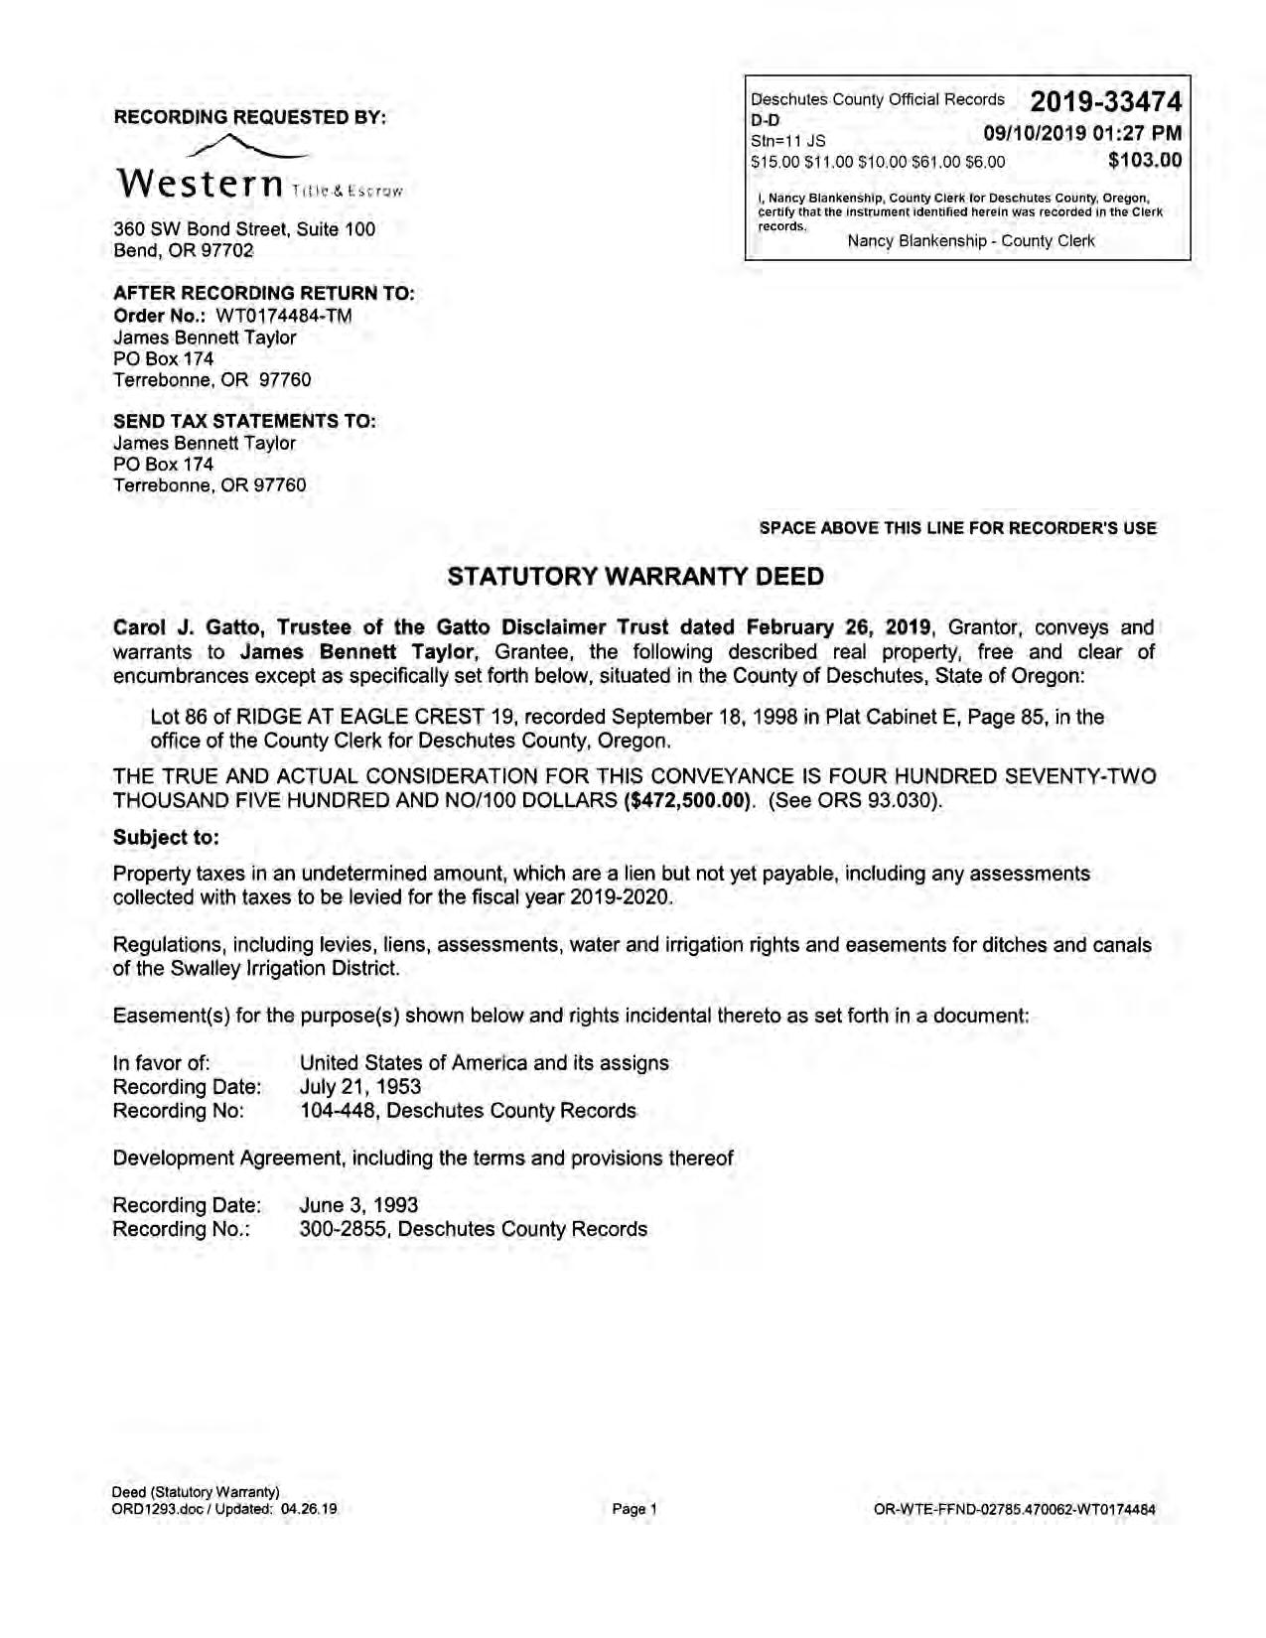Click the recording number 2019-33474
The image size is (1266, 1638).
tap(1105, 101)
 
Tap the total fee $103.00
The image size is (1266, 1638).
tap(1145, 160)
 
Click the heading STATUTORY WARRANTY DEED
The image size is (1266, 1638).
tap(635, 577)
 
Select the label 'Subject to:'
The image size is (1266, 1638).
tap(166, 837)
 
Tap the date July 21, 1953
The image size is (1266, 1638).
tap(360, 1087)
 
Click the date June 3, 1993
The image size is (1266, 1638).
tap(358, 1205)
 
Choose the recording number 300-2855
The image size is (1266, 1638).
tap(344, 1229)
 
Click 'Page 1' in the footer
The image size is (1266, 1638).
tap(634, 1509)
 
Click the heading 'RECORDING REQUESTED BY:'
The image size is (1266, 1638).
tap(250, 117)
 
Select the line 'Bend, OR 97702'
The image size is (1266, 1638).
tap(184, 250)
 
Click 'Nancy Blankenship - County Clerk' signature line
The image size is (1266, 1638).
tap(970, 241)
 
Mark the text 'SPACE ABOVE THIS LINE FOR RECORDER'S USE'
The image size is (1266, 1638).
tap(957, 528)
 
